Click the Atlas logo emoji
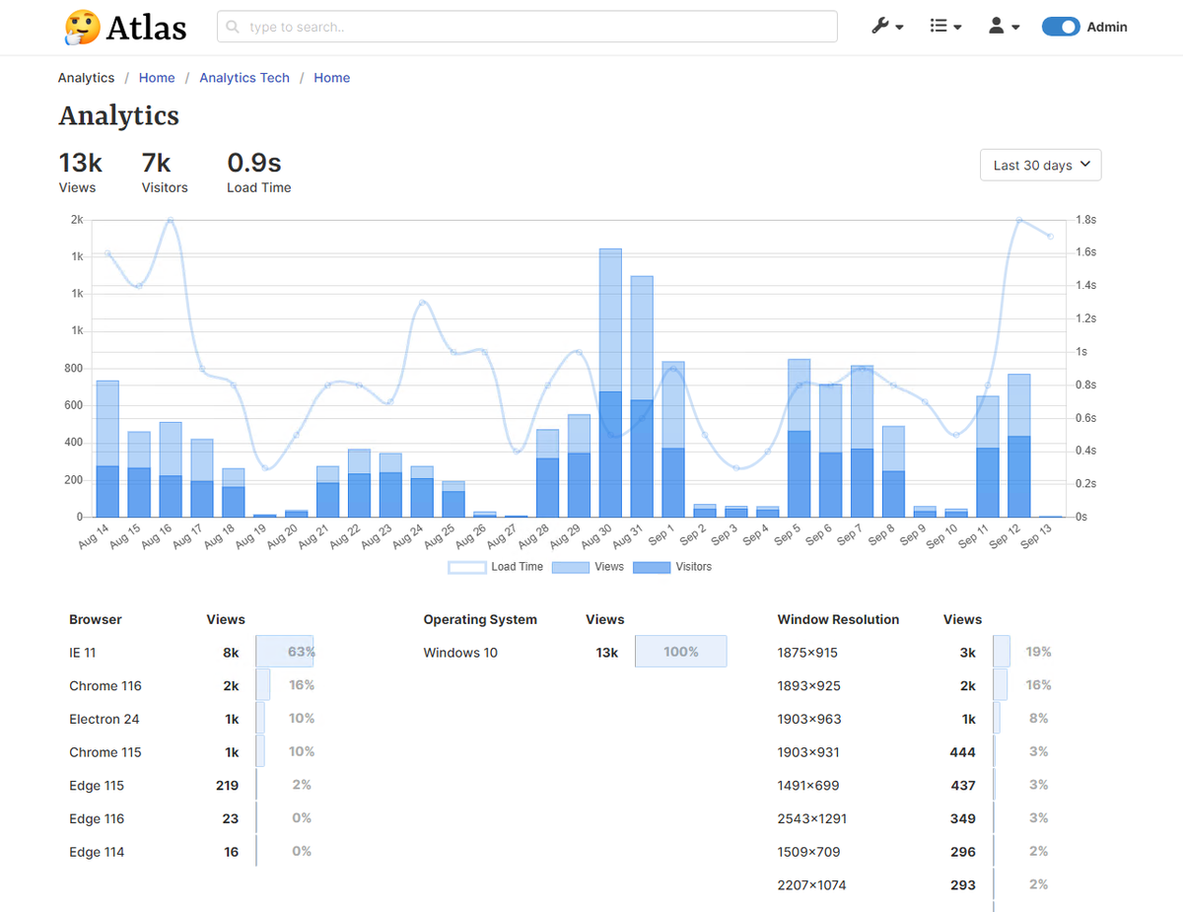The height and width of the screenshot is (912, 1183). click(x=82, y=28)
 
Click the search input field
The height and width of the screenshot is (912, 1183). click(x=527, y=27)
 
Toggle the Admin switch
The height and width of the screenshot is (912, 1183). click(x=1061, y=27)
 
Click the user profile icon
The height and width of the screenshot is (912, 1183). click(x=997, y=27)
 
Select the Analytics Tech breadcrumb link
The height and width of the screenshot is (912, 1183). click(x=244, y=78)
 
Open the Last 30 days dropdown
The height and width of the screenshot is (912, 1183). click(x=1040, y=165)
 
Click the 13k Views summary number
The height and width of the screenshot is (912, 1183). click(x=80, y=162)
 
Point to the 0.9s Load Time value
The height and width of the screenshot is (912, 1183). click(x=254, y=162)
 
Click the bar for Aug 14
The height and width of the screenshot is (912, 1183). click(x=107, y=449)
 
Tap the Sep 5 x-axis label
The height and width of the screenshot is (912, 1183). click(x=788, y=534)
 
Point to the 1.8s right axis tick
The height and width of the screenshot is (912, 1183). click(x=1085, y=220)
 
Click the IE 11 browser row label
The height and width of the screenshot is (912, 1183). click(x=83, y=653)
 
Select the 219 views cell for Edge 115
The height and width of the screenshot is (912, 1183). click(x=227, y=786)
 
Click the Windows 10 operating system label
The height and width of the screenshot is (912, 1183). click(x=460, y=653)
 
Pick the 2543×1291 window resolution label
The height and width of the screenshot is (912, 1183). click(x=812, y=818)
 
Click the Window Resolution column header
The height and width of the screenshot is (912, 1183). click(x=838, y=620)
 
